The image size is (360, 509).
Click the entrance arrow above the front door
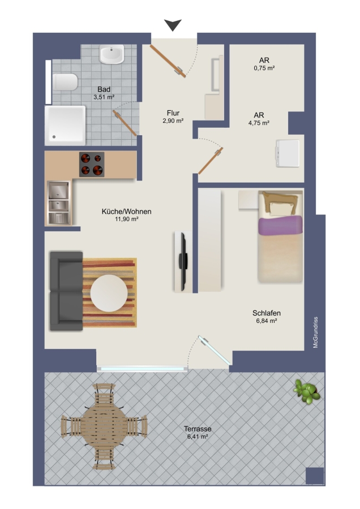point(173,25)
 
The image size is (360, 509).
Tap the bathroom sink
point(112,54)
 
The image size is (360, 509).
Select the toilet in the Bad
point(65,82)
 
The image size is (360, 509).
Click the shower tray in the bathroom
point(65,126)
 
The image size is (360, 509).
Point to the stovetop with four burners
point(92,164)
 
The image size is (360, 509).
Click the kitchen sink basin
point(58,202)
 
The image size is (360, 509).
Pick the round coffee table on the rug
point(109,293)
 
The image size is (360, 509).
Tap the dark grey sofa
point(66,291)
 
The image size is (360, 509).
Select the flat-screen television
point(183,261)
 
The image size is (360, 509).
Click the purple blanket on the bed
point(280,225)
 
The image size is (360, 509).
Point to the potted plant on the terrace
point(307,391)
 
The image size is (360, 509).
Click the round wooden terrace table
point(104,426)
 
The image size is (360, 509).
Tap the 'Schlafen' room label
point(267,313)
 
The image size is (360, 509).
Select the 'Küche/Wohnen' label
point(126,212)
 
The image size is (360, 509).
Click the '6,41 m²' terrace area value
point(198,437)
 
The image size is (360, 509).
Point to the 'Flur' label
point(173,113)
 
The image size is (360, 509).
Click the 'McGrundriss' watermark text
point(315,333)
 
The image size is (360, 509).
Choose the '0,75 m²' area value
point(264,68)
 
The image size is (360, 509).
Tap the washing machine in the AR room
point(288,153)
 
